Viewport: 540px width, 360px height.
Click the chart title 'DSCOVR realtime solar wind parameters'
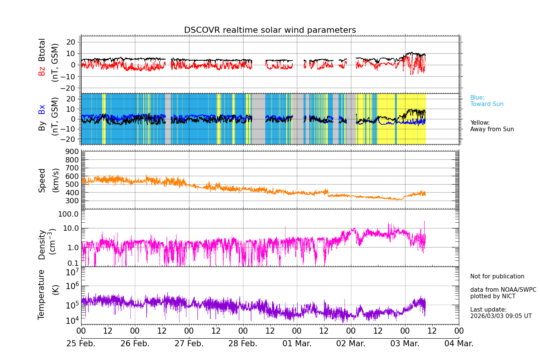coord(270,30)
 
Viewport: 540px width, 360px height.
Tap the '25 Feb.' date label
coord(81,344)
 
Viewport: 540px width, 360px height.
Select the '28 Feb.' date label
coord(243,344)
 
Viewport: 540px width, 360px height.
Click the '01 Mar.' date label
coord(297,344)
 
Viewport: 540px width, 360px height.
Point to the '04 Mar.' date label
coord(459,344)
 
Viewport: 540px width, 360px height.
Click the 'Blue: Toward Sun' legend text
coord(487,101)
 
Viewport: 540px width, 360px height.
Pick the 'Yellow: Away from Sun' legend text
coord(492,126)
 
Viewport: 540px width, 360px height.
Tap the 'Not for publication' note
coord(497,276)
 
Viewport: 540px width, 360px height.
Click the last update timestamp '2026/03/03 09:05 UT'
coord(501,316)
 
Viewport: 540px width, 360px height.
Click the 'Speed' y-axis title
coord(42,180)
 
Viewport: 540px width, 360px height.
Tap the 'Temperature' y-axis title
coord(42,294)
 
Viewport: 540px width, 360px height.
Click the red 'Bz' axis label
coord(42,71)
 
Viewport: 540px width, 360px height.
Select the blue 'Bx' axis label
coord(42,109)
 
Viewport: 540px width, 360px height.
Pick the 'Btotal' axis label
coord(42,50)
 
